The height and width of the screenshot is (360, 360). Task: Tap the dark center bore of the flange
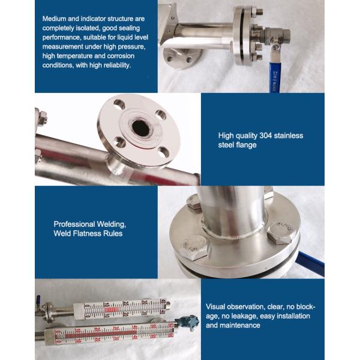(x=141, y=128)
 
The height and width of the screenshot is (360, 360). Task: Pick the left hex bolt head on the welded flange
(x=197, y=247)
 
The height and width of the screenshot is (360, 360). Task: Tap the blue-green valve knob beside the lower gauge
(x=189, y=323)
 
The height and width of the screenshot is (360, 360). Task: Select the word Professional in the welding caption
(x=74, y=224)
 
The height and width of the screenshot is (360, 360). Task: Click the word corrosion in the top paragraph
(x=121, y=56)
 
